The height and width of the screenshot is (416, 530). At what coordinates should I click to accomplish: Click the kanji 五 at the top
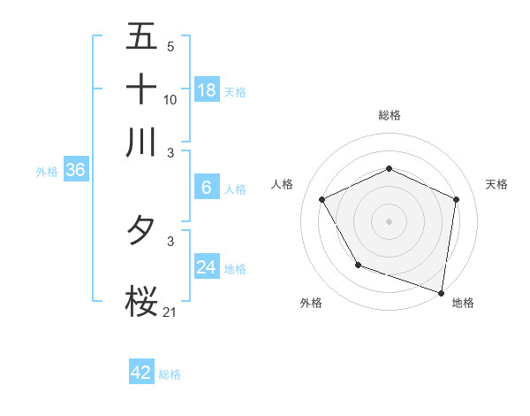click(141, 38)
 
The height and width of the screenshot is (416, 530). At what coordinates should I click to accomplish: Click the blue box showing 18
click(206, 89)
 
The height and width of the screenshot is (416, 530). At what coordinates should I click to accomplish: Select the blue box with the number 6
click(206, 187)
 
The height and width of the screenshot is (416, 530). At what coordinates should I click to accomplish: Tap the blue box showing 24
click(206, 266)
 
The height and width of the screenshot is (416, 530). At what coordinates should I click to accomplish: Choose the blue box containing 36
click(75, 171)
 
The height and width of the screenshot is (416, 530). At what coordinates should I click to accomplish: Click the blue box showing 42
click(141, 373)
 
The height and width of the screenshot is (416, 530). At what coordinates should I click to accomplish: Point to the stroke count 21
click(170, 312)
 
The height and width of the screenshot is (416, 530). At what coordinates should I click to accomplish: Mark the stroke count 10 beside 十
click(170, 99)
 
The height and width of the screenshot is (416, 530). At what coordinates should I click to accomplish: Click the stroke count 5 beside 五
click(170, 46)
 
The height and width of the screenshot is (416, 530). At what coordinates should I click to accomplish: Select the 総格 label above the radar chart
click(390, 115)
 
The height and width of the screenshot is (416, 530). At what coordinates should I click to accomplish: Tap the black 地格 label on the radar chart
click(463, 303)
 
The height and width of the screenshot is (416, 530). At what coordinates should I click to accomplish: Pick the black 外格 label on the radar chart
click(311, 303)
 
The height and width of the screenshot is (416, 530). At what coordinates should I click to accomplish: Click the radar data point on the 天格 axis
click(456, 199)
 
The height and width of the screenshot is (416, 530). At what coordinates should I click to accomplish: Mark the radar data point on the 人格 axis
click(322, 199)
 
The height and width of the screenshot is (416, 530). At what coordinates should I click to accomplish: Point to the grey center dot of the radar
click(390, 220)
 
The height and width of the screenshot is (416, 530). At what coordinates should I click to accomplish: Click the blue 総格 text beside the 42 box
click(170, 374)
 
